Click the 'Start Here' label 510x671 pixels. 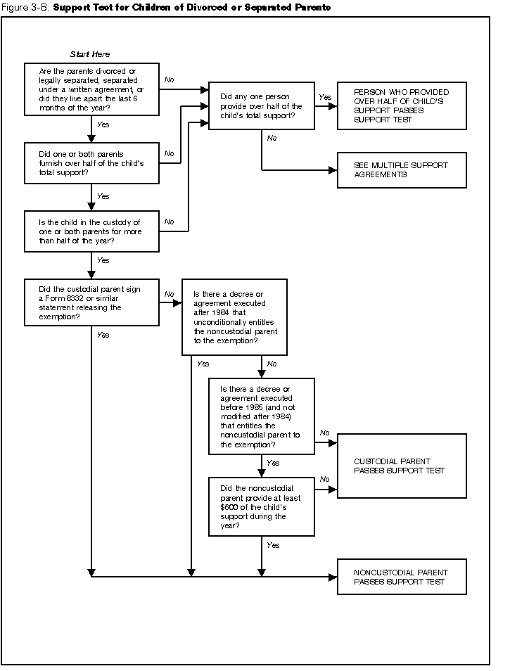[x=90, y=54]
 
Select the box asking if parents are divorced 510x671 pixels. [x=91, y=89]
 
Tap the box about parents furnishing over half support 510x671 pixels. [x=91, y=163]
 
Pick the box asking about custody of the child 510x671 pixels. [x=91, y=231]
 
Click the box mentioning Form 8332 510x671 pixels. [x=91, y=302]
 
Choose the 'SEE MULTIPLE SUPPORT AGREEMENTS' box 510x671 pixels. [x=402, y=170]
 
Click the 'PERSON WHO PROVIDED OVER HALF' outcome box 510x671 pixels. [x=402, y=106]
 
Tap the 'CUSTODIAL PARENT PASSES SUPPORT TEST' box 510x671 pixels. [x=402, y=466]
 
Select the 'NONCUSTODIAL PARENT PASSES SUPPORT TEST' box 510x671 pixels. [x=402, y=577]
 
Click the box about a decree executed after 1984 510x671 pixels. [x=234, y=317]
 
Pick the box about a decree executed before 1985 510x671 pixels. [x=261, y=416]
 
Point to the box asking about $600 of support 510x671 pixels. [x=261, y=506]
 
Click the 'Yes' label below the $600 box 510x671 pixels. [x=273, y=545]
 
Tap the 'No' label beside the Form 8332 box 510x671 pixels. [x=170, y=294]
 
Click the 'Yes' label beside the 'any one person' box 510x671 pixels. [x=324, y=97]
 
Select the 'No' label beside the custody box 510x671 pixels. [x=170, y=222]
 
